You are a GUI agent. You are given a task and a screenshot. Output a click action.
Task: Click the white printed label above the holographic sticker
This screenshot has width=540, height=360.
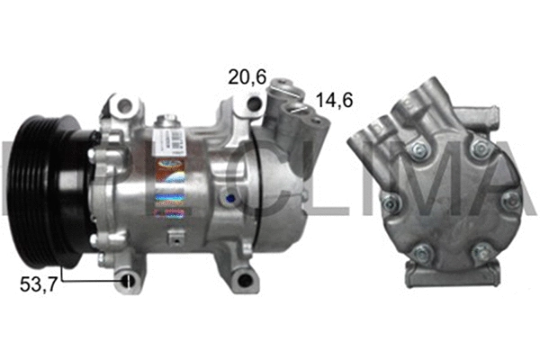(176, 144)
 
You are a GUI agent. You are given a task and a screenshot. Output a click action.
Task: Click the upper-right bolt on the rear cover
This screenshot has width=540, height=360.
(481, 147)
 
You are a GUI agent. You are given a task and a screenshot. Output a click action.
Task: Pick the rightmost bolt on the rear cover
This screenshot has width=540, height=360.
(510, 200)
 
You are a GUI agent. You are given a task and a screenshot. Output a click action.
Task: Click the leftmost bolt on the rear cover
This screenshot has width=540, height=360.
(391, 203)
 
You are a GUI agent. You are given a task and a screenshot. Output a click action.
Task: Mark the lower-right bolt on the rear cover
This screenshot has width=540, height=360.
(481, 254)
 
